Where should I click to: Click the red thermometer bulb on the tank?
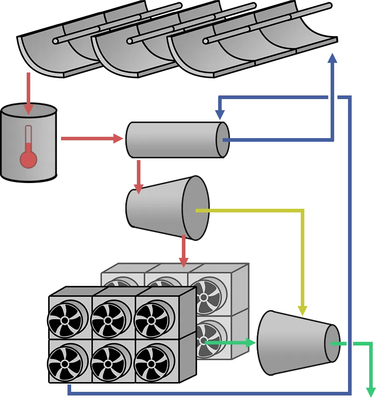point(28,159)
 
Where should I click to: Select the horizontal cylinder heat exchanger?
point(177,139)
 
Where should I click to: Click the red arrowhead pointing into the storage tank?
point(28,108)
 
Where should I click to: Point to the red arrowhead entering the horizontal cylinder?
point(118,138)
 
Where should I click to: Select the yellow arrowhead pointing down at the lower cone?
point(303,310)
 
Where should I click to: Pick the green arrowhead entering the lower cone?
point(251,342)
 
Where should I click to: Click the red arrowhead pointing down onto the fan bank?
point(184,262)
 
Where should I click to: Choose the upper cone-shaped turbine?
point(168,207)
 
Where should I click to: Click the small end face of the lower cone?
point(332,343)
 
